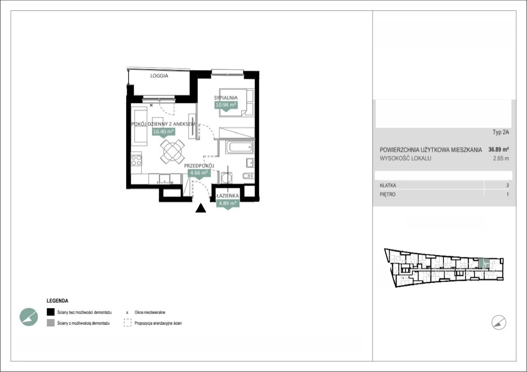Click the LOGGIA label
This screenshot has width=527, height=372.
tap(159, 76)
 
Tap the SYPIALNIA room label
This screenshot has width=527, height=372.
tap(226, 98)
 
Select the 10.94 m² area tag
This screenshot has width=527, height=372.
tap(226, 105)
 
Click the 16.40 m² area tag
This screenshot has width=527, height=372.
tap(163, 132)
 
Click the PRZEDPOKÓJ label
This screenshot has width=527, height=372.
tap(199, 166)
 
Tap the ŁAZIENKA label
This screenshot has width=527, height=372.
tap(228, 196)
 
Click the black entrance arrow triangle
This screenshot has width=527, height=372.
tap(201, 208)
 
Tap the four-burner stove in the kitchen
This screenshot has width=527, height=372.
tap(136, 160)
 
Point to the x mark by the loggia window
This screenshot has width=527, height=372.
tap(151, 105)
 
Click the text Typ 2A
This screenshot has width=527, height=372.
tap(501, 132)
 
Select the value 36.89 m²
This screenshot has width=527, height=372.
tap(499, 149)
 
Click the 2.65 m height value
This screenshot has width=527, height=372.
tap(501, 158)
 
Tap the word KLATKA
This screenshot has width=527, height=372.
tap(388, 186)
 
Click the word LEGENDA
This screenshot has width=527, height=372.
tap(57, 301)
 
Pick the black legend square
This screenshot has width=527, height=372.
tap(51, 312)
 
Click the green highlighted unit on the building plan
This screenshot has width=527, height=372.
tap(484, 263)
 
